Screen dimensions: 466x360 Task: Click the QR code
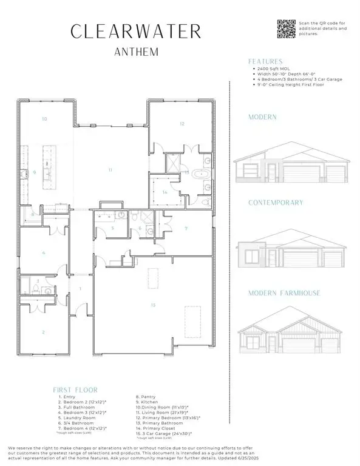point(286,29)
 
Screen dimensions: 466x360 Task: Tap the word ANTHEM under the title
point(137,52)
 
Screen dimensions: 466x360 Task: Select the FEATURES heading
point(265,61)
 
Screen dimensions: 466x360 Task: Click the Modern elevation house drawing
point(290,164)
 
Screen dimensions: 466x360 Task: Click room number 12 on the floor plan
point(182,124)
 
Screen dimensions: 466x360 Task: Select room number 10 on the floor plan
point(44,120)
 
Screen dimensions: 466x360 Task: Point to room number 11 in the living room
point(110,170)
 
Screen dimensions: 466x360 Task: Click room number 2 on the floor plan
point(43,332)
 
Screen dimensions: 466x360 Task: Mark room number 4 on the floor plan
point(43,252)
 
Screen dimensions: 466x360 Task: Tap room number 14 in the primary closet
point(165,192)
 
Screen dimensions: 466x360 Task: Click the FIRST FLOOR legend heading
point(75,390)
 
